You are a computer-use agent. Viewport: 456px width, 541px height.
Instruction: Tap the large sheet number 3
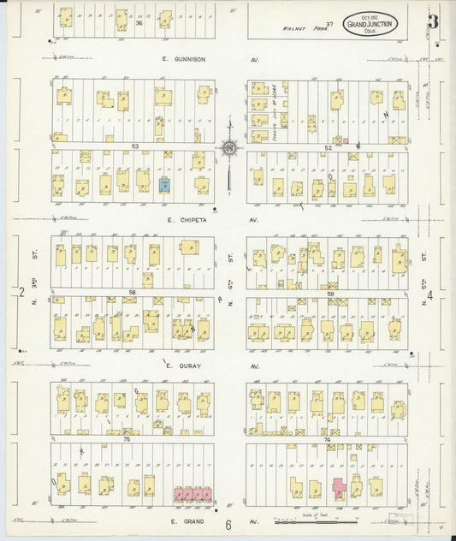click(x=434, y=22)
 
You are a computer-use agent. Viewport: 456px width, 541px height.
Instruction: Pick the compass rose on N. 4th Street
click(x=230, y=149)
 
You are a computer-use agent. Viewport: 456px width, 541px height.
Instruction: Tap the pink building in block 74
click(x=339, y=489)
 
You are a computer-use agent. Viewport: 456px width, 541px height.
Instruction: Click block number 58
click(x=133, y=292)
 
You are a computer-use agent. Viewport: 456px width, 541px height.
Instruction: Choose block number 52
click(x=328, y=147)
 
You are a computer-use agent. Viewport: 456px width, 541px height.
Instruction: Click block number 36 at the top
click(x=139, y=23)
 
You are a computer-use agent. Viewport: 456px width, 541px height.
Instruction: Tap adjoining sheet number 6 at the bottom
click(x=229, y=526)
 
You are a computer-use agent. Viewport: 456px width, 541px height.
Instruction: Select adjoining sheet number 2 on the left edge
click(x=21, y=294)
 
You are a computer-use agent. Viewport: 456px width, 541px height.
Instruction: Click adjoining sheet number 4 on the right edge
click(x=430, y=296)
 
